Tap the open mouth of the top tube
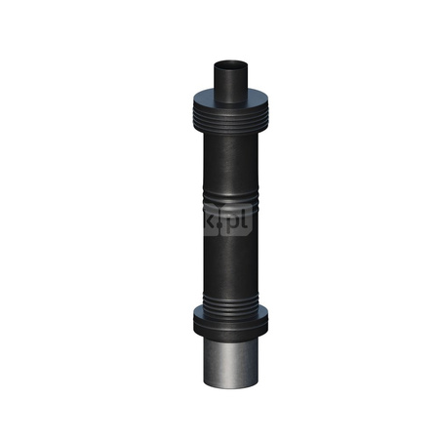pos(230,64)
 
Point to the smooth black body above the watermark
pos(230,161)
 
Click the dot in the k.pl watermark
pos(222,229)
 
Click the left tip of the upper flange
pos(183,100)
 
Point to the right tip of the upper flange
pos(277,100)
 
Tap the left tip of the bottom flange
pos(189,319)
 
